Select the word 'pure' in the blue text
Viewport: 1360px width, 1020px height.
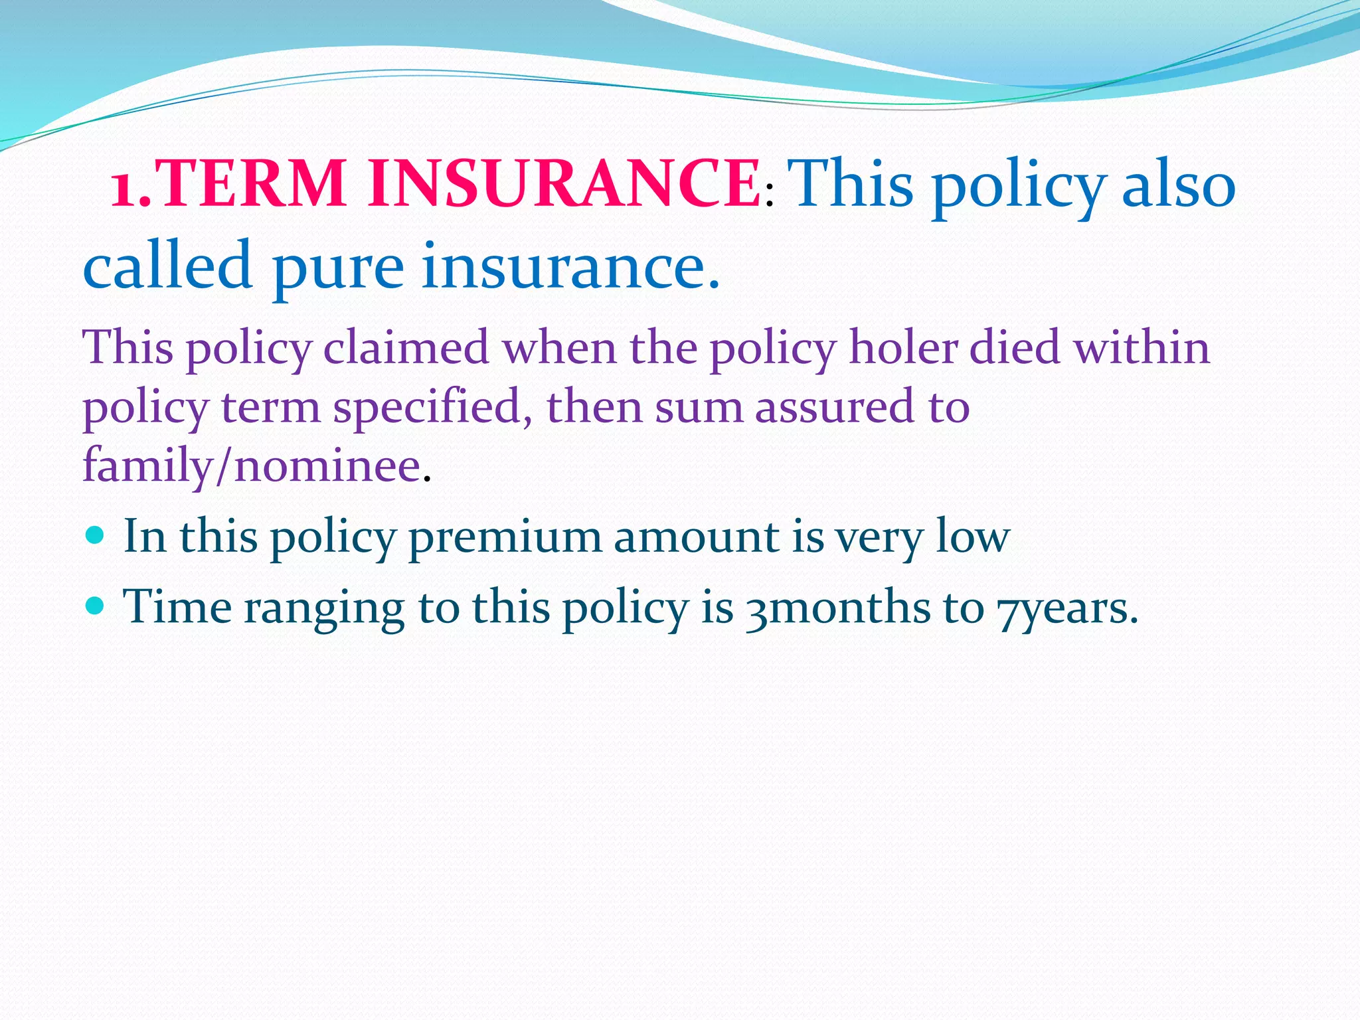(338, 267)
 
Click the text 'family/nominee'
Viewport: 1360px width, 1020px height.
(252, 465)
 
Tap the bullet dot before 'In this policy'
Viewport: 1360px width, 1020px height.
(96, 534)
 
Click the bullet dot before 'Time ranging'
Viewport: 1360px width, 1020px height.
(96, 605)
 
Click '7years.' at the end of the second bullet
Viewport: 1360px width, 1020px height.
(1067, 608)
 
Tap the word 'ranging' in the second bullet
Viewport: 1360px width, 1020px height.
(324, 608)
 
